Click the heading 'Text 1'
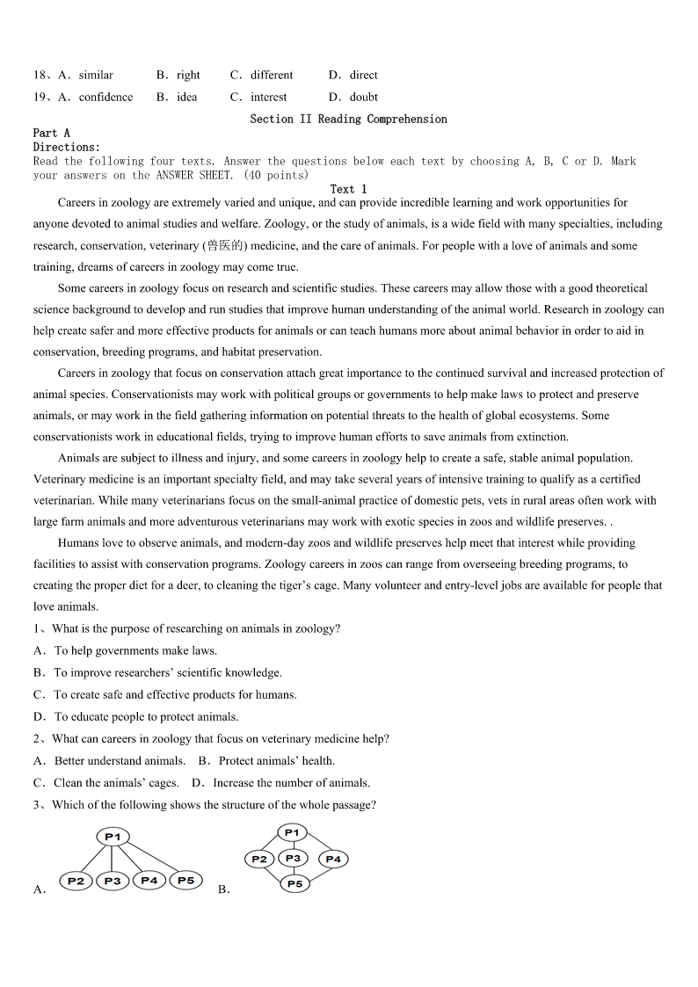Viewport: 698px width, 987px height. [348, 189]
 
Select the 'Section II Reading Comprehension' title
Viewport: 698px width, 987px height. [348, 119]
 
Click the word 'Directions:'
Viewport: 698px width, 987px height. [67, 147]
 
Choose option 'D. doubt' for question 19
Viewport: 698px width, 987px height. [353, 97]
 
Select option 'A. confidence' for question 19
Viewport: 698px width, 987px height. [96, 97]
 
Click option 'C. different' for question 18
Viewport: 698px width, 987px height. [262, 75]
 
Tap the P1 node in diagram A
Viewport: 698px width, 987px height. [113, 837]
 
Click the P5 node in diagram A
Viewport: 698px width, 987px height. [185, 880]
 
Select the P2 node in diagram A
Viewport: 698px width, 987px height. [76, 881]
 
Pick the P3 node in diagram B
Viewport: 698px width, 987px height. [293, 858]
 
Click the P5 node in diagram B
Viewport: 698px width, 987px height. [294, 883]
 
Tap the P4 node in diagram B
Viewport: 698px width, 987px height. [332, 859]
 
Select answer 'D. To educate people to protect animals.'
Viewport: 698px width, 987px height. [135, 716]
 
